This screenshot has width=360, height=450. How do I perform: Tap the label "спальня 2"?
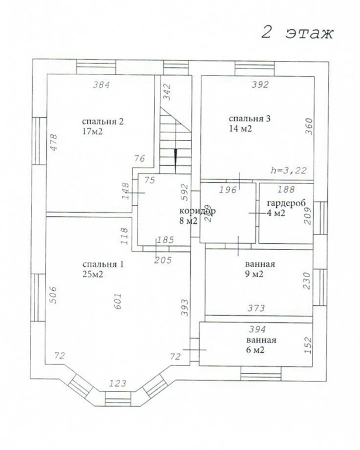coord(103,122)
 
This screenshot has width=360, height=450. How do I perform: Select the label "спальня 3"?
coord(249,118)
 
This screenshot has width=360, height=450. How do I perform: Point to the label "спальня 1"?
coord(103,264)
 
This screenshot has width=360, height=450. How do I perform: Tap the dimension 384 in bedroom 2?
coord(101,84)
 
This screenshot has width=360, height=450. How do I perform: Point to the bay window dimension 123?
coord(118,384)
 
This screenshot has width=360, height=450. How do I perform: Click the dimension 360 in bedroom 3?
coord(309,127)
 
